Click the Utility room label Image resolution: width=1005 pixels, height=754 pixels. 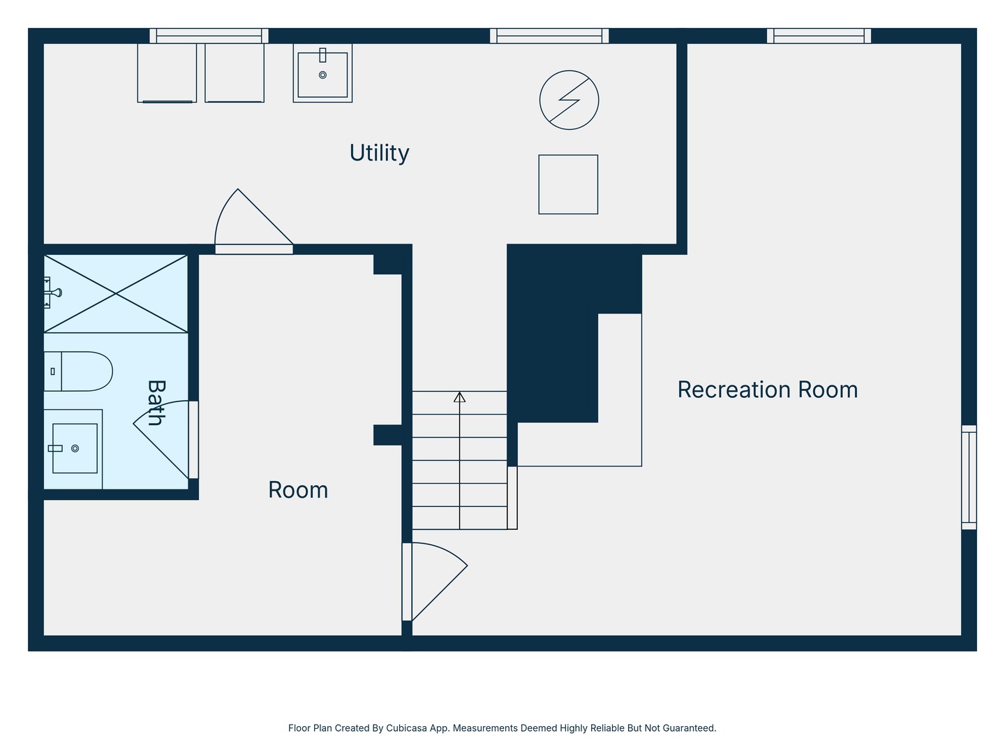[x=379, y=153]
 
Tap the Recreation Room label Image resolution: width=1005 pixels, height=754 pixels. [x=768, y=390]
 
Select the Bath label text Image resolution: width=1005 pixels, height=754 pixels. [x=156, y=403]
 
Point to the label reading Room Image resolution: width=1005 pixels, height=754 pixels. [x=298, y=490]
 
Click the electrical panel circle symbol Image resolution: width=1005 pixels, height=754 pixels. [x=569, y=100]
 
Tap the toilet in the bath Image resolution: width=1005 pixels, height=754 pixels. [x=78, y=371]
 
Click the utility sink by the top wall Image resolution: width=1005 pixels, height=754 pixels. [x=323, y=73]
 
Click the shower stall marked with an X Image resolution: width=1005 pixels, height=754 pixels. [x=116, y=293]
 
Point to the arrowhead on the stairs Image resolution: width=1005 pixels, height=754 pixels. [x=460, y=397]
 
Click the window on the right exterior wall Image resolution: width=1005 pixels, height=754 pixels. [x=969, y=477]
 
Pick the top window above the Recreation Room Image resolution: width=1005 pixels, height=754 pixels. [x=819, y=36]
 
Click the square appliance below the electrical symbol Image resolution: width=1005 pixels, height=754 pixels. [x=568, y=184]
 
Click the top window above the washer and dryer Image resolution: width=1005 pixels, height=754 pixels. [x=209, y=36]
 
